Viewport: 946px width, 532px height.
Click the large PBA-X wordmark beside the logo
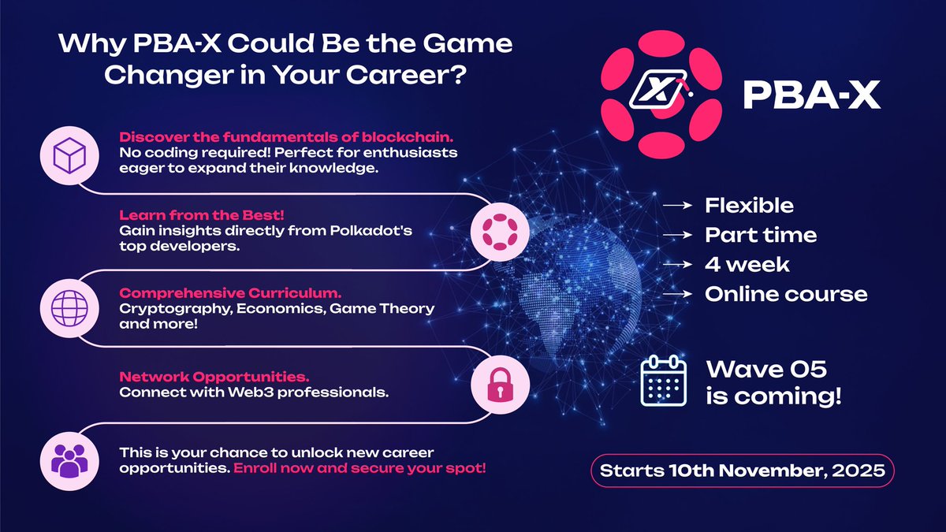[812, 95]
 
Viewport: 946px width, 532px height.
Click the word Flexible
[749, 206]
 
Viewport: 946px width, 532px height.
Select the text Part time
[760, 235]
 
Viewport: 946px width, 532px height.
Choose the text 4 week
[747, 265]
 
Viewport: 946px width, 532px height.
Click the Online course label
[785, 294]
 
